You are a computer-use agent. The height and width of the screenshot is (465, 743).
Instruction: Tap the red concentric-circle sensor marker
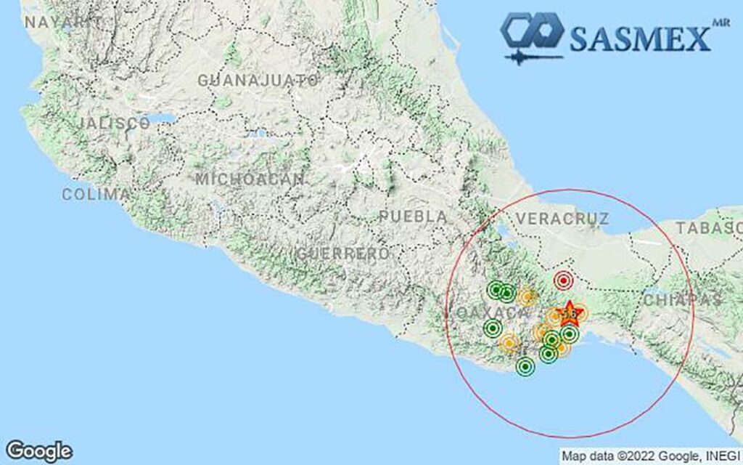tap(564, 280)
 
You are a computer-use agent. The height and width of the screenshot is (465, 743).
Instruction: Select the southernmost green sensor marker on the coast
tap(525, 367)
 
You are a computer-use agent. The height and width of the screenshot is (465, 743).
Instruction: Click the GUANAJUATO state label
tap(258, 80)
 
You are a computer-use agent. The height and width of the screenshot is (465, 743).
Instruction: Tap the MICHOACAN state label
tap(250, 179)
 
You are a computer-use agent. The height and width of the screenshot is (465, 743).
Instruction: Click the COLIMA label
tap(97, 195)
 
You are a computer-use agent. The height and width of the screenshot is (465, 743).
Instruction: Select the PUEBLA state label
tap(413, 217)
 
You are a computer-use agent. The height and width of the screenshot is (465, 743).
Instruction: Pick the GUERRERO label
tap(342, 254)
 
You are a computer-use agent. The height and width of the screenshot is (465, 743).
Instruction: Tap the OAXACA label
tap(493, 312)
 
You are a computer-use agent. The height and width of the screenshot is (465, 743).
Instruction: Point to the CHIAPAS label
tap(682, 299)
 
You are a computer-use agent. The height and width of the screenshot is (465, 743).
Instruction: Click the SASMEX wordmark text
tap(639, 38)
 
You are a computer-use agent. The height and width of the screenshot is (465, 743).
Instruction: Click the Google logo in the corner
tap(39, 450)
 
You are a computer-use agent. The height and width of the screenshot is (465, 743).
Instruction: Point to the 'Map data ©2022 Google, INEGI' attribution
tap(650, 456)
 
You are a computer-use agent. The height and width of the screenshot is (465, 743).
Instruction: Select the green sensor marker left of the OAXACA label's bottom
tap(493, 328)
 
